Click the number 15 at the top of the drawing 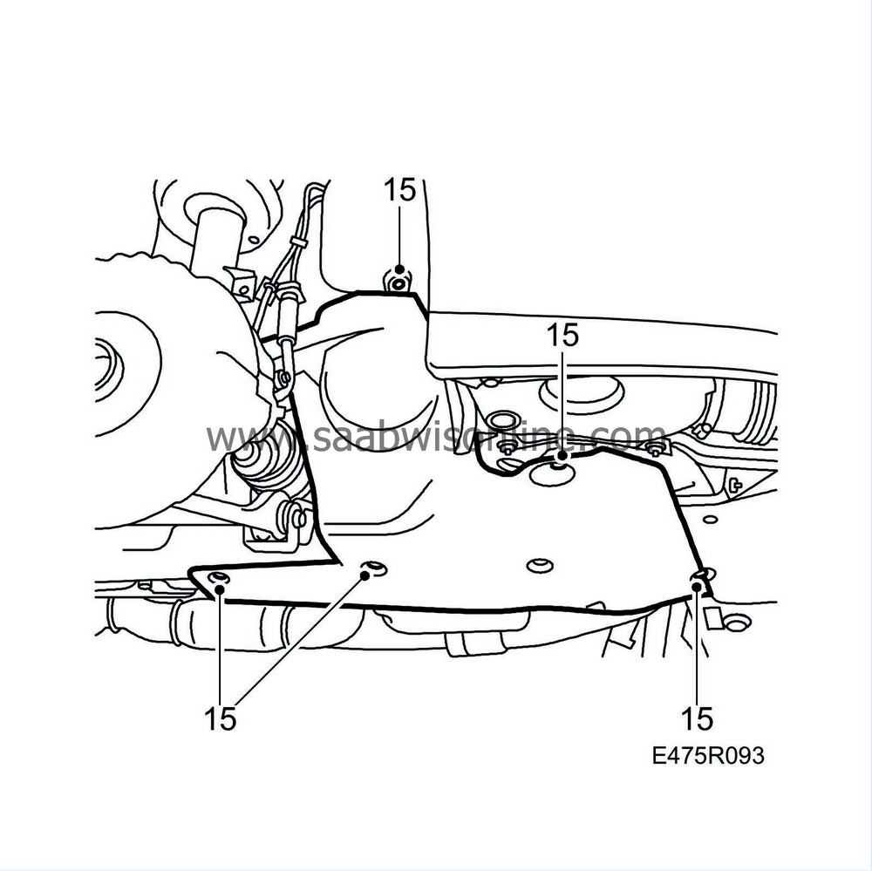[400, 191]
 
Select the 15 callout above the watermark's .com [562, 335]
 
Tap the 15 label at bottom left [221, 718]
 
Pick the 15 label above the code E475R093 [696, 718]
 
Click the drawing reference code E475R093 [708, 755]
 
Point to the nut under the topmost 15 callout [398, 282]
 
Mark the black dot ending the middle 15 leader [562, 455]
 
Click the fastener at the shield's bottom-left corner [219, 582]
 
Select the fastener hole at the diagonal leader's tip [373, 569]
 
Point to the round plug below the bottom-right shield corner [738, 623]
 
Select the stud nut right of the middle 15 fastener [655, 449]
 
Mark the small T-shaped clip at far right [735, 485]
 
